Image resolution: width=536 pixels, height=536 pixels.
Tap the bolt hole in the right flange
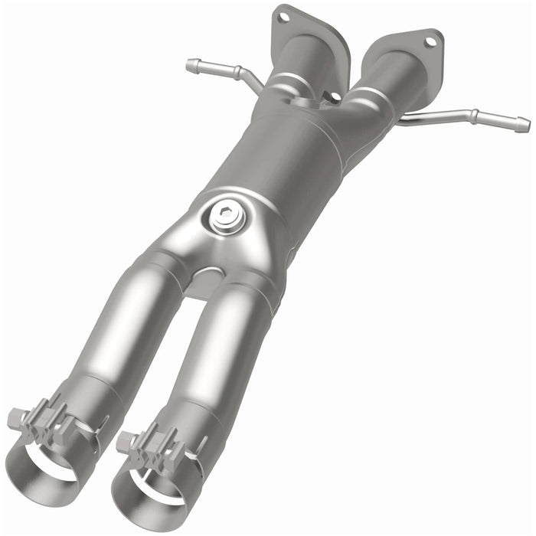click(x=430, y=41)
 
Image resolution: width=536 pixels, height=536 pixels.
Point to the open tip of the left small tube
click(x=188, y=65)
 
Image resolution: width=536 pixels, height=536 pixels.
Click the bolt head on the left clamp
click(x=15, y=418)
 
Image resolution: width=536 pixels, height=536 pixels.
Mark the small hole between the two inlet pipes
click(x=335, y=96)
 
